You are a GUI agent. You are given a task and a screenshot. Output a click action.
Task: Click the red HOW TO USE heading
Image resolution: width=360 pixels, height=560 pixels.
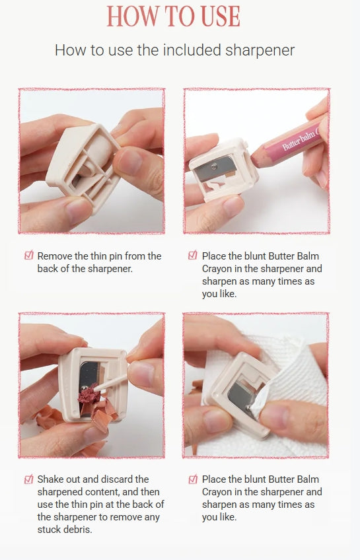[x=174, y=16]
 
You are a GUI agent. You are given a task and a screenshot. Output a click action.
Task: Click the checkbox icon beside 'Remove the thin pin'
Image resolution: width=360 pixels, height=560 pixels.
[x=28, y=256]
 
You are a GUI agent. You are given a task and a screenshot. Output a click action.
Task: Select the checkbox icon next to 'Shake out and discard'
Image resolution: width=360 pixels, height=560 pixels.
[x=28, y=479]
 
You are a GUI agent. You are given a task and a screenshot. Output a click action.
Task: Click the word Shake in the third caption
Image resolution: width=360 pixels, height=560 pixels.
[x=51, y=479]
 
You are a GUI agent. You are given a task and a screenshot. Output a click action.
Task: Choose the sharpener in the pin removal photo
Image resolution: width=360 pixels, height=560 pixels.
[x=83, y=165]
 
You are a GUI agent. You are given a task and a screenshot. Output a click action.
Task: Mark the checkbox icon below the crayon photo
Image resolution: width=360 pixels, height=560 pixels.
[x=193, y=256]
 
